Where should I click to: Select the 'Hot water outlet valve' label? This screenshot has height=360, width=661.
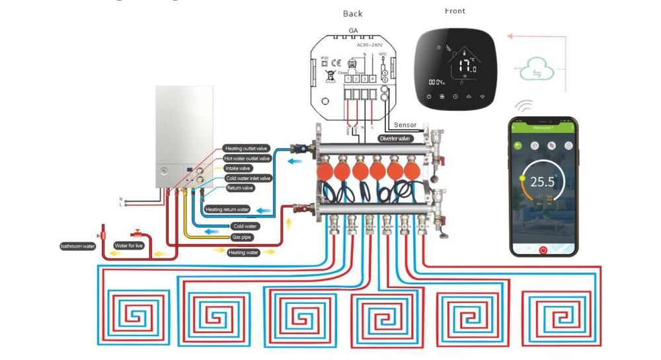coord(247,159)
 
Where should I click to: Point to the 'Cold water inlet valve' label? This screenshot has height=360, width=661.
coord(248,178)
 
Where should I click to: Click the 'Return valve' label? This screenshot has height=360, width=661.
coord(239,188)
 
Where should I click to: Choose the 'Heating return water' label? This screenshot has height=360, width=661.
coord(227,210)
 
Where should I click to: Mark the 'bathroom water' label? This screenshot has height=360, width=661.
coord(77,247)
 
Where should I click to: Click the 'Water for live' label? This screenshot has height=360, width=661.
coord(128,246)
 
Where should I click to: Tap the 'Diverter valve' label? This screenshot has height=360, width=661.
coord(395,139)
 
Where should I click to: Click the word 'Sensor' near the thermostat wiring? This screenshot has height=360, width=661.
coord(405,125)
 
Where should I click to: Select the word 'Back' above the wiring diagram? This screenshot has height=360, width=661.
coord(352,14)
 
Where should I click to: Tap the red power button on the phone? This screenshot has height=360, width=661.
coord(543,250)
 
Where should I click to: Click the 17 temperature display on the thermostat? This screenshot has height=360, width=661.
coord(467,66)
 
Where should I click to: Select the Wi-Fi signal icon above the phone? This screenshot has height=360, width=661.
coord(525,106)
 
